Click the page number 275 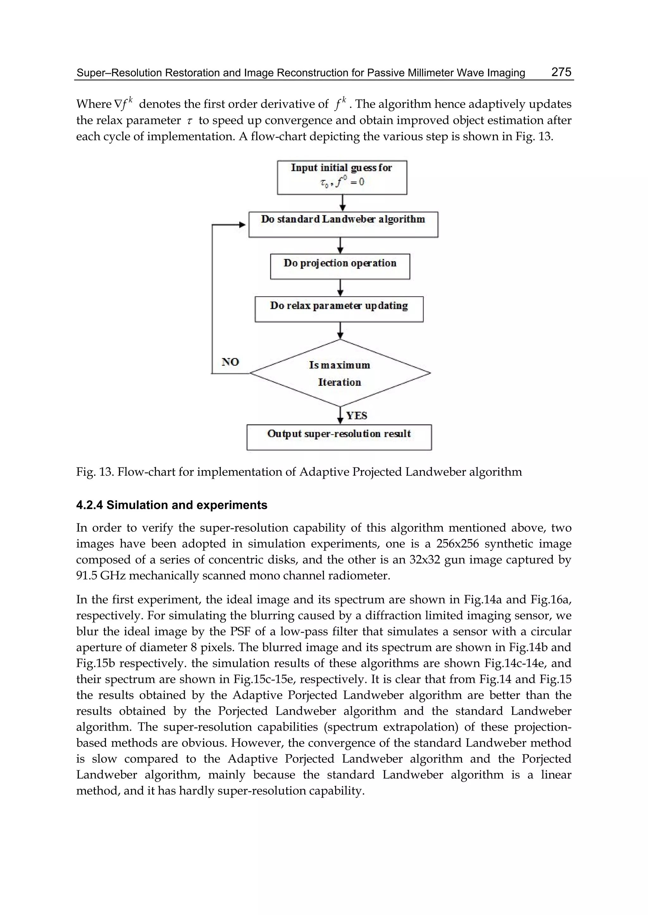pos(561,72)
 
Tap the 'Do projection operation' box pos(340,266)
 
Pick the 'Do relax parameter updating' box pos(339,309)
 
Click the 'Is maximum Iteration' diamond pos(340,373)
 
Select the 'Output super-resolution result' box pos(339,437)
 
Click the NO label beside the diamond pos(230,362)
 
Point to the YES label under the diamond pos(356,416)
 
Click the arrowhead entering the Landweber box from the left pos(242,225)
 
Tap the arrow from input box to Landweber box pos(342,203)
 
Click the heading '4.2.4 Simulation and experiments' pos(171,505)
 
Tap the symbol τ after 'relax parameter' pos(190,121)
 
